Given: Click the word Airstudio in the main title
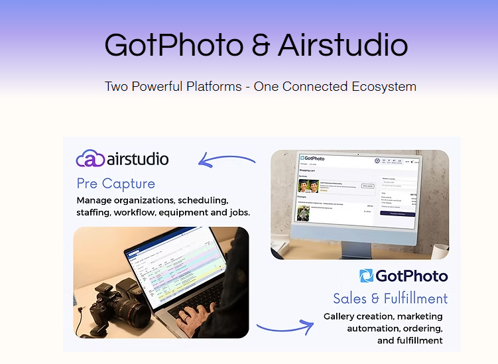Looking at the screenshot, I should (x=343, y=45).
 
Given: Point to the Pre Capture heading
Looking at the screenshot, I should (x=116, y=184).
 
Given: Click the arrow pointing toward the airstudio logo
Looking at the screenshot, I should (x=227, y=160).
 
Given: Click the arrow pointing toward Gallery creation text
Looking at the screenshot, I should (x=285, y=326).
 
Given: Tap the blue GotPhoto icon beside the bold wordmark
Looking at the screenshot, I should (x=367, y=276).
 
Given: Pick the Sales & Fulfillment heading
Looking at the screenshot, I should (x=391, y=298).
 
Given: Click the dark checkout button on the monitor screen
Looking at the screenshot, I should (x=397, y=213).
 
